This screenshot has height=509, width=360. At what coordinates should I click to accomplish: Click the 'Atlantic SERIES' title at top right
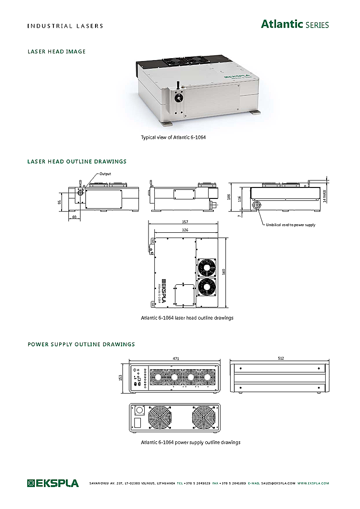[295, 24]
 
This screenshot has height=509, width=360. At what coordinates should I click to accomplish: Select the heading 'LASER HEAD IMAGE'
[56, 52]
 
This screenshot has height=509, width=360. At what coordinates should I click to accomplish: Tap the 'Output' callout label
[105, 174]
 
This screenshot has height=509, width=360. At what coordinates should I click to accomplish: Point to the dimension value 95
[60, 202]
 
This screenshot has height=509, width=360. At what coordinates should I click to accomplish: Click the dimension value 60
[74, 217]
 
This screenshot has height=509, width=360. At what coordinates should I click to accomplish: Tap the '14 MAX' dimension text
[325, 196]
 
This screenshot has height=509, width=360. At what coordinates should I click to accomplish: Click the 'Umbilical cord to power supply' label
[290, 225]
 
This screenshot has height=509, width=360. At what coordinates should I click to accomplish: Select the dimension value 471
[174, 358]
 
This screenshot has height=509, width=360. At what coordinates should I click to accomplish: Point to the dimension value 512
[280, 358]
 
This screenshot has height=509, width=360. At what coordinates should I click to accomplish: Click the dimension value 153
[121, 377]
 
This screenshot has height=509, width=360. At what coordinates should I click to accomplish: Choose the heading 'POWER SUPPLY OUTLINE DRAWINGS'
[81, 344]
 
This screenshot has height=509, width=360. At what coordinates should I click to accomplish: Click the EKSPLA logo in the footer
[53, 483]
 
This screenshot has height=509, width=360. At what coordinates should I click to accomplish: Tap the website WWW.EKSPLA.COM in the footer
[313, 484]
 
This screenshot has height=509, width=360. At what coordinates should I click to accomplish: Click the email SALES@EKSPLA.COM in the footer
[278, 484]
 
